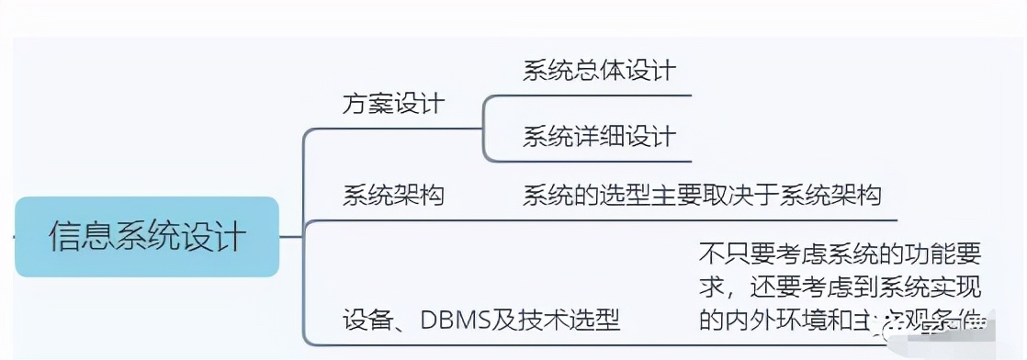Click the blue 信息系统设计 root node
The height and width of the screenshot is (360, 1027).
click(147, 237)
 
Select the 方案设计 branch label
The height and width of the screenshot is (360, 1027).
click(392, 104)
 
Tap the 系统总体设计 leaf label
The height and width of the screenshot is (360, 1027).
click(599, 71)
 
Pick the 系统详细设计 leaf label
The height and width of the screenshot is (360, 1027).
click(599, 137)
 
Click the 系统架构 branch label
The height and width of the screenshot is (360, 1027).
click(392, 195)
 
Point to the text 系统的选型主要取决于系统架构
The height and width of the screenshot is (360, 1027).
click(702, 195)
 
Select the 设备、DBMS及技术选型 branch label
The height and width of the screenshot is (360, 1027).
click(481, 320)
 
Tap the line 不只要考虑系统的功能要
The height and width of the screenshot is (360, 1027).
click(840, 252)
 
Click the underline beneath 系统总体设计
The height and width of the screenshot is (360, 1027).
click(599, 95)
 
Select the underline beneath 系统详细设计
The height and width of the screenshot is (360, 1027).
click(599, 161)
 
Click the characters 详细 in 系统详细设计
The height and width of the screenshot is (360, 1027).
click(599, 137)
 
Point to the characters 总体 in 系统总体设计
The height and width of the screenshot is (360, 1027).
click(599, 71)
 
